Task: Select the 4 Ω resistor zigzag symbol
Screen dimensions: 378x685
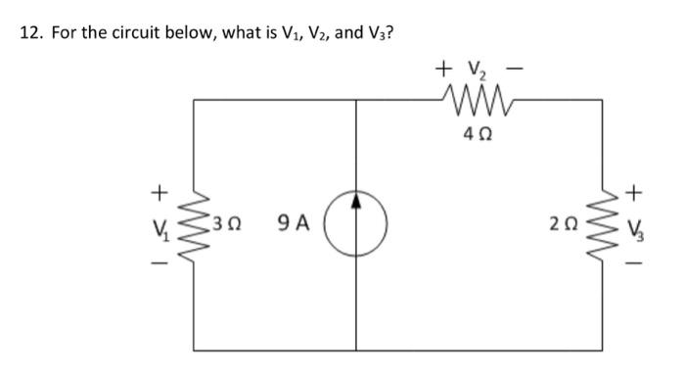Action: click(x=476, y=98)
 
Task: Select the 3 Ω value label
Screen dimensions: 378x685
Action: click(x=233, y=225)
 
